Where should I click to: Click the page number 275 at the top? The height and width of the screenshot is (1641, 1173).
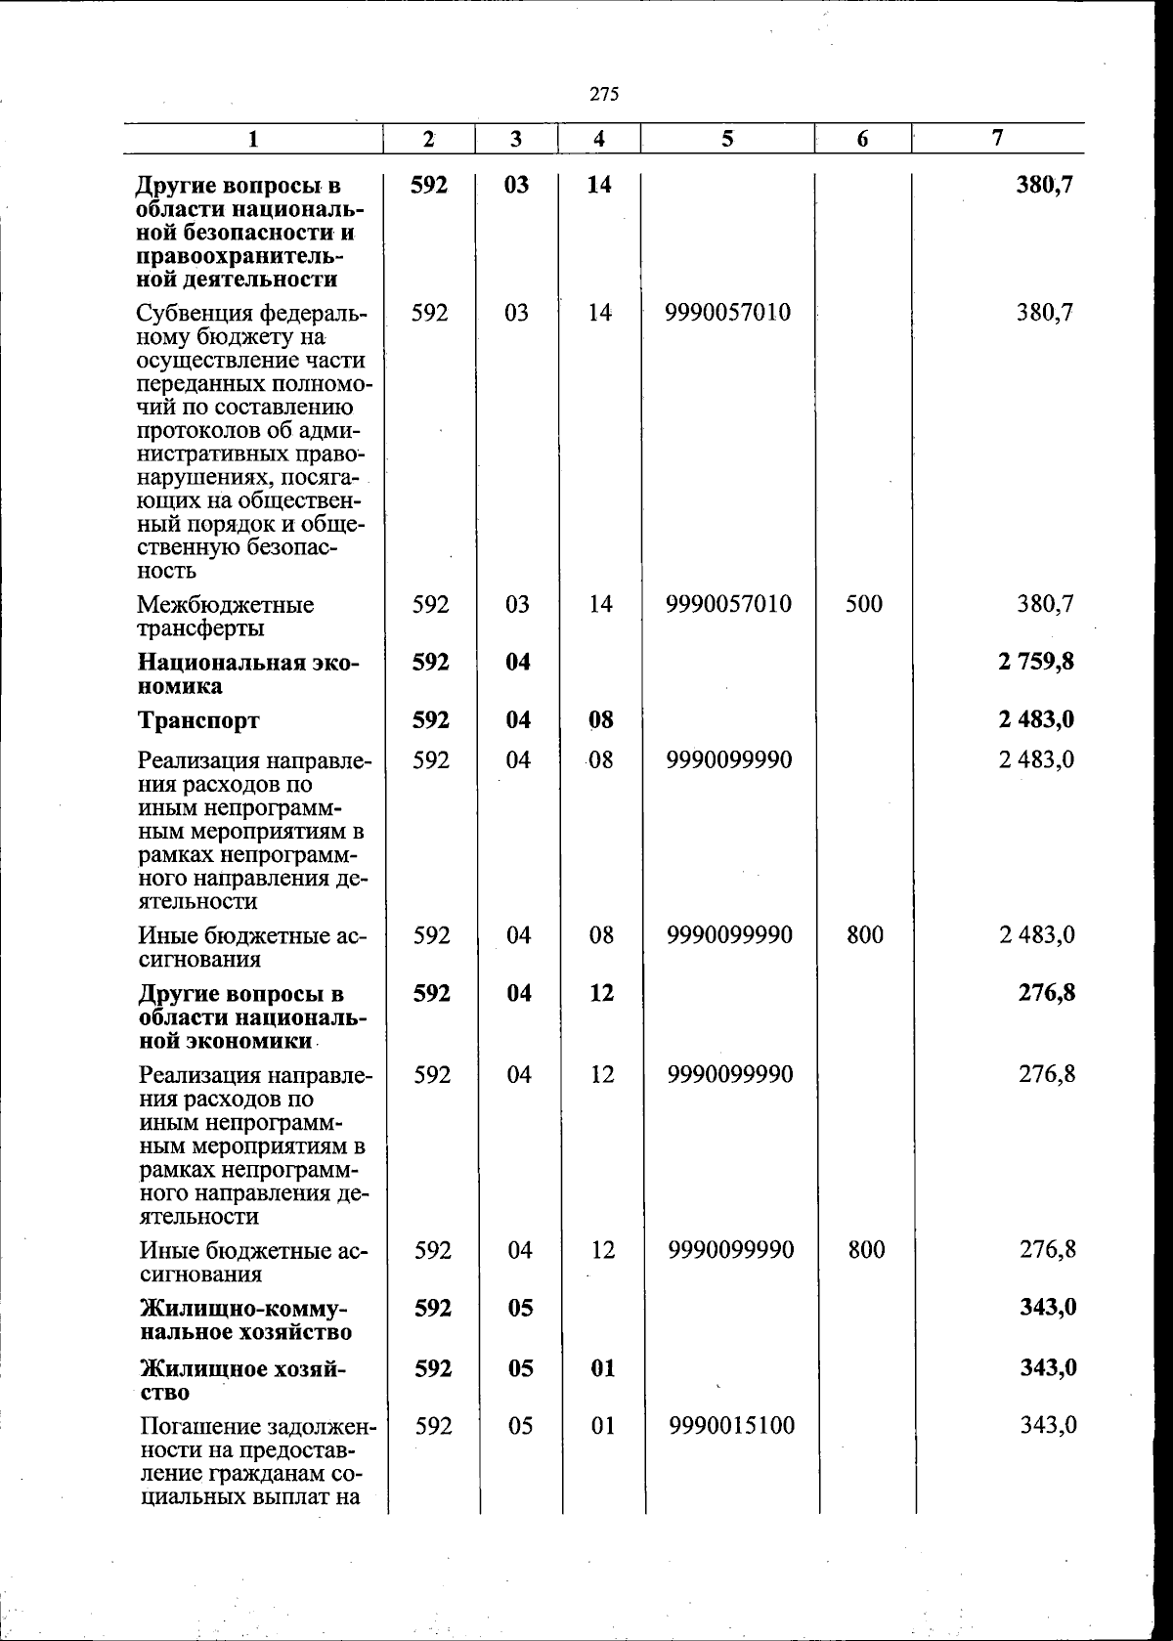pyautogui.click(x=605, y=95)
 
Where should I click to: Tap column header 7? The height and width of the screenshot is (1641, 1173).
pyautogui.click(x=996, y=138)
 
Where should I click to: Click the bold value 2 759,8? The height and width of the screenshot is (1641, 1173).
pyautogui.click(x=1036, y=662)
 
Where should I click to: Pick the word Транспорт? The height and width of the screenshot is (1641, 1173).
pyautogui.click(x=198, y=721)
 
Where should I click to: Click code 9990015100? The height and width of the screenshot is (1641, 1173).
pyautogui.click(x=732, y=1426)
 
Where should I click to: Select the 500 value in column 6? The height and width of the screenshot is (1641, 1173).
pyautogui.click(x=864, y=604)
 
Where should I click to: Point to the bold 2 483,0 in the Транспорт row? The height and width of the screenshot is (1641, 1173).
pyautogui.click(x=1036, y=720)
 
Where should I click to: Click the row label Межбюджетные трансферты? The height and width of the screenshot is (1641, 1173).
pyautogui.click(x=226, y=616)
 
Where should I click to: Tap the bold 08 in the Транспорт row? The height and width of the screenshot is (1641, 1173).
pyautogui.click(x=601, y=720)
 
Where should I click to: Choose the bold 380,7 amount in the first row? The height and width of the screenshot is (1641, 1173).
pyautogui.click(x=1045, y=184)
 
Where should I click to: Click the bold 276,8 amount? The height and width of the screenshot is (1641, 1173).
pyautogui.click(x=1047, y=993)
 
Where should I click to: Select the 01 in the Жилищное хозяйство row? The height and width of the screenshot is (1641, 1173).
pyautogui.click(x=603, y=1368)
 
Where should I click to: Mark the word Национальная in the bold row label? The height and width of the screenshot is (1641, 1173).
pyautogui.click(x=216, y=663)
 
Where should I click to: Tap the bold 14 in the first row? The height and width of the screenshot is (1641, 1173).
pyautogui.click(x=599, y=184)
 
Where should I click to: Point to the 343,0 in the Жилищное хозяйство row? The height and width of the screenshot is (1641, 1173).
pyautogui.click(x=1048, y=1367)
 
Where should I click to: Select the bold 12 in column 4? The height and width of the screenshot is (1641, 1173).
pyautogui.click(x=602, y=993)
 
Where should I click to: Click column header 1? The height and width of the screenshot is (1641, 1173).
pyautogui.click(x=253, y=140)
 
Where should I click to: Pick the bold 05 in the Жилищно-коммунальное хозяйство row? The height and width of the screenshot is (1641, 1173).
pyautogui.click(x=520, y=1308)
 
